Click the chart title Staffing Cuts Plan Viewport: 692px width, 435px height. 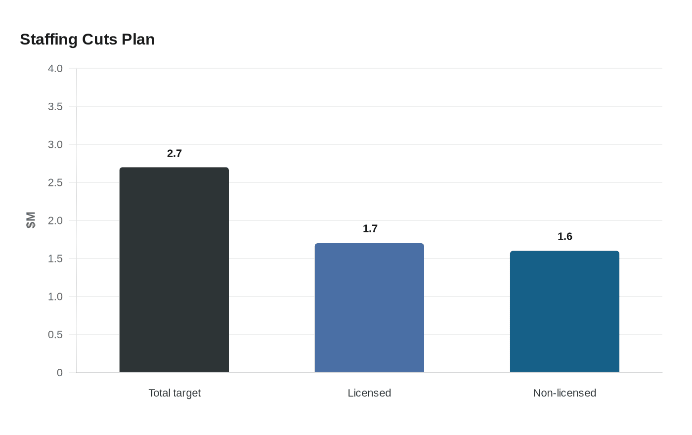[x=87, y=40]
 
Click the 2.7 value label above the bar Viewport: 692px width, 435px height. [x=174, y=154]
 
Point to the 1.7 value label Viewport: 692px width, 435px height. [x=370, y=229]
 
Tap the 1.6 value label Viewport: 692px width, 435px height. [x=564, y=237]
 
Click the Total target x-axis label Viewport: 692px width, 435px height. [x=174, y=393]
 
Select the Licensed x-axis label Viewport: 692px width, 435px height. [x=369, y=393]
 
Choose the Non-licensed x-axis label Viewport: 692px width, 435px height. [x=564, y=393]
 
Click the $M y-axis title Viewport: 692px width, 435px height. [x=31, y=220]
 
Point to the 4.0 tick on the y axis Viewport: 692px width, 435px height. [x=55, y=69]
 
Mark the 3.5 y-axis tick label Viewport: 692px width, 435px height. [x=55, y=107]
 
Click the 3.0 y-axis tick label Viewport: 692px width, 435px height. [x=55, y=145]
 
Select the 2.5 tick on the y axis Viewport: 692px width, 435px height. [x=55, y=183]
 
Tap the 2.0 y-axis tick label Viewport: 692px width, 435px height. [x=55, y=221]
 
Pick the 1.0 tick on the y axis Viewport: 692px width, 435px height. [x=55, y=297]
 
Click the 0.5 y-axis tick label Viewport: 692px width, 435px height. [x=55, y=335]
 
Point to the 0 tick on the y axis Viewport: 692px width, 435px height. [x=60, y=373]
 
